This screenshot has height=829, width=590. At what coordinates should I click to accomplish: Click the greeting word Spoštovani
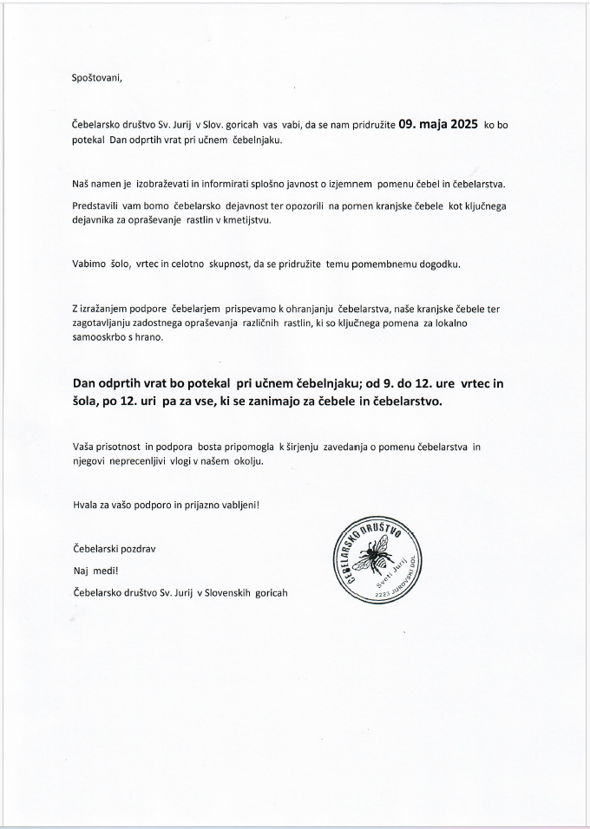pyautogui.click(x=97, y=78)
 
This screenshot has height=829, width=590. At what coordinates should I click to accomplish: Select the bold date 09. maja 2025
pyautogui.click(x=438, y=124)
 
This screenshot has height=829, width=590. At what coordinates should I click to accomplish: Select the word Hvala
pyautogui.click(x=86, y=504)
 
